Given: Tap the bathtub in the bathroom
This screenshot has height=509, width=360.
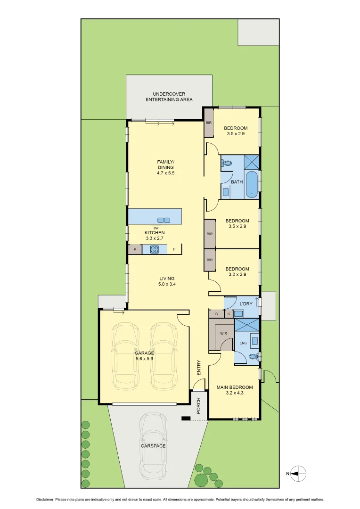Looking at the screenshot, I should [252, 185].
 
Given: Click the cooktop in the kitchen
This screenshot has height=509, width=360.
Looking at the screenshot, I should [155, 249].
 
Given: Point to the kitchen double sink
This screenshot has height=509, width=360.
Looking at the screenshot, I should [164, 220].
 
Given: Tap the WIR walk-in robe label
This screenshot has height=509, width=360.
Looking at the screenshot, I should [223, 333].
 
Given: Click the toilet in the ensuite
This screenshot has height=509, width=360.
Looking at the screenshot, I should [254, 357].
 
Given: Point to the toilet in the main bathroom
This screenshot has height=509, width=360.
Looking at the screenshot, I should [227, 164].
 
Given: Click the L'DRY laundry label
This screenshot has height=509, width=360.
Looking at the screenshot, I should [246, 304].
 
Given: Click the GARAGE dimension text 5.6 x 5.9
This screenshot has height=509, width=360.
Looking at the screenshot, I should [144, 359].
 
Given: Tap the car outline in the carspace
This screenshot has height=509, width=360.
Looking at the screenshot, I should [153, 445].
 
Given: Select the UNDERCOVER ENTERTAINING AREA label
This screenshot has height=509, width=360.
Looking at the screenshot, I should [169, 97].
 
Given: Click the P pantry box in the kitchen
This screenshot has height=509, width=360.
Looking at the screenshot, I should [135, 249].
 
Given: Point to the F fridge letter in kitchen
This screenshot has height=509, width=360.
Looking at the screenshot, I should [174, 249].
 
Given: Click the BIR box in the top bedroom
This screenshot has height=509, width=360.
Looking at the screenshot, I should [209, 123].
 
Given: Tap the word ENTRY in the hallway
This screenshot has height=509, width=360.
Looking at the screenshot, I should [199, 368].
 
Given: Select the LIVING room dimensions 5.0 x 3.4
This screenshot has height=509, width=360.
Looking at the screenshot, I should [167, 284].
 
